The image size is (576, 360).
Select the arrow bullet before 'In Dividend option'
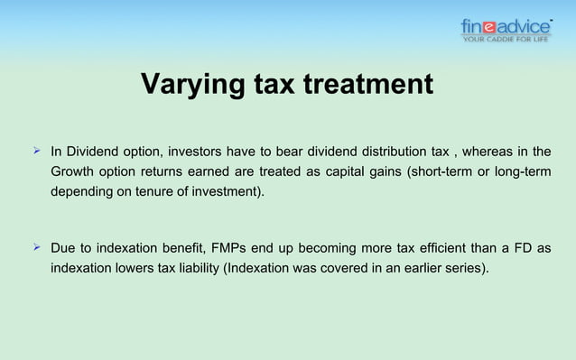pyautogui.click(x=37, y=150)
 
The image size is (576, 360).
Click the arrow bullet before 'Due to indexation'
pyautogui.click(x=37, y=248)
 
